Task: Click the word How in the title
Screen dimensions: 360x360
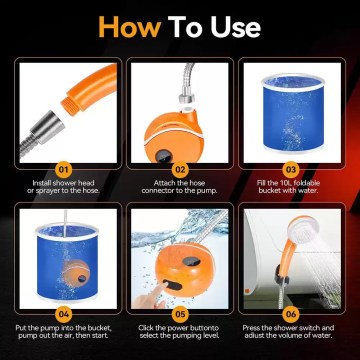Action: click(x=133, y=28)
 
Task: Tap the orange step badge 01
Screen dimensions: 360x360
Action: click(x=62, y=170)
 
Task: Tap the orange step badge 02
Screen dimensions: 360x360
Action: click(x=179, y=170)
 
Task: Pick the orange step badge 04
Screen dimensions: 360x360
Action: click(x=62, y=313)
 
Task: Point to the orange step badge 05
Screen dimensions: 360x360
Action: click(x=179, y=313)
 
